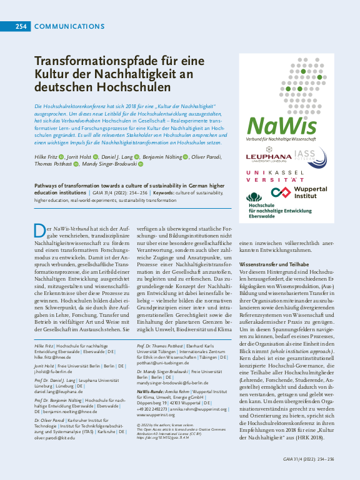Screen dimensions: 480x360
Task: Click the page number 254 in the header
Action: point(21,26)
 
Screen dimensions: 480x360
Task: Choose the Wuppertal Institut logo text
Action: point(306,192)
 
